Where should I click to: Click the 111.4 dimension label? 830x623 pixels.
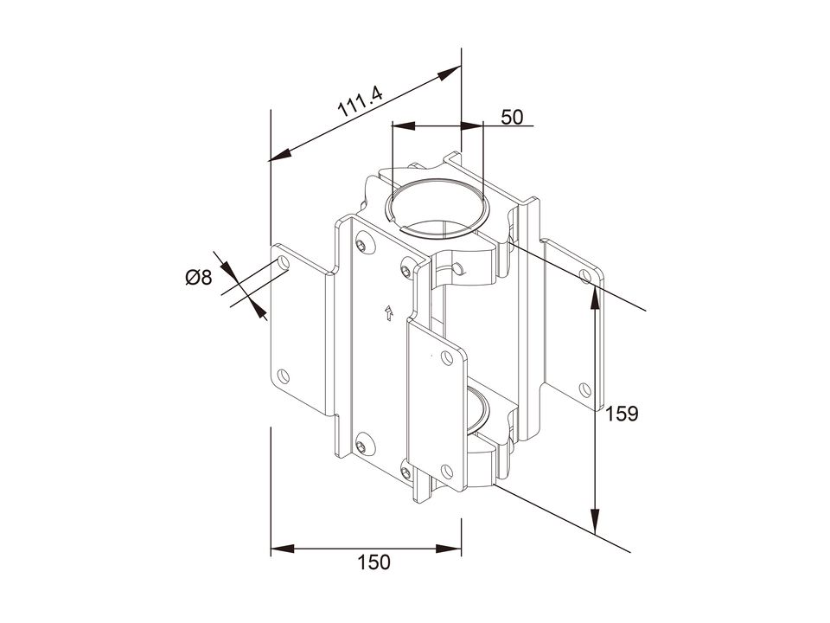(360, 102)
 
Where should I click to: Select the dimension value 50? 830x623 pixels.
(512, 117)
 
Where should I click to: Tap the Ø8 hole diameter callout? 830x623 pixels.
(199, 277)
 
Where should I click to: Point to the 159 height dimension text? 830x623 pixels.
(622, 414)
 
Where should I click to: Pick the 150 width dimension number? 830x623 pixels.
(373, 562)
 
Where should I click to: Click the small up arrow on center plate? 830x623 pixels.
(389, 312)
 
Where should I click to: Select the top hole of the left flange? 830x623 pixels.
(284, 264)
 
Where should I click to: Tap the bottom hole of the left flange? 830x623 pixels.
(284, 376)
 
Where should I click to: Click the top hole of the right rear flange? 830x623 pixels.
(585, 276)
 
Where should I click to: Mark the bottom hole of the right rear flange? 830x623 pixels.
(585, 390)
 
